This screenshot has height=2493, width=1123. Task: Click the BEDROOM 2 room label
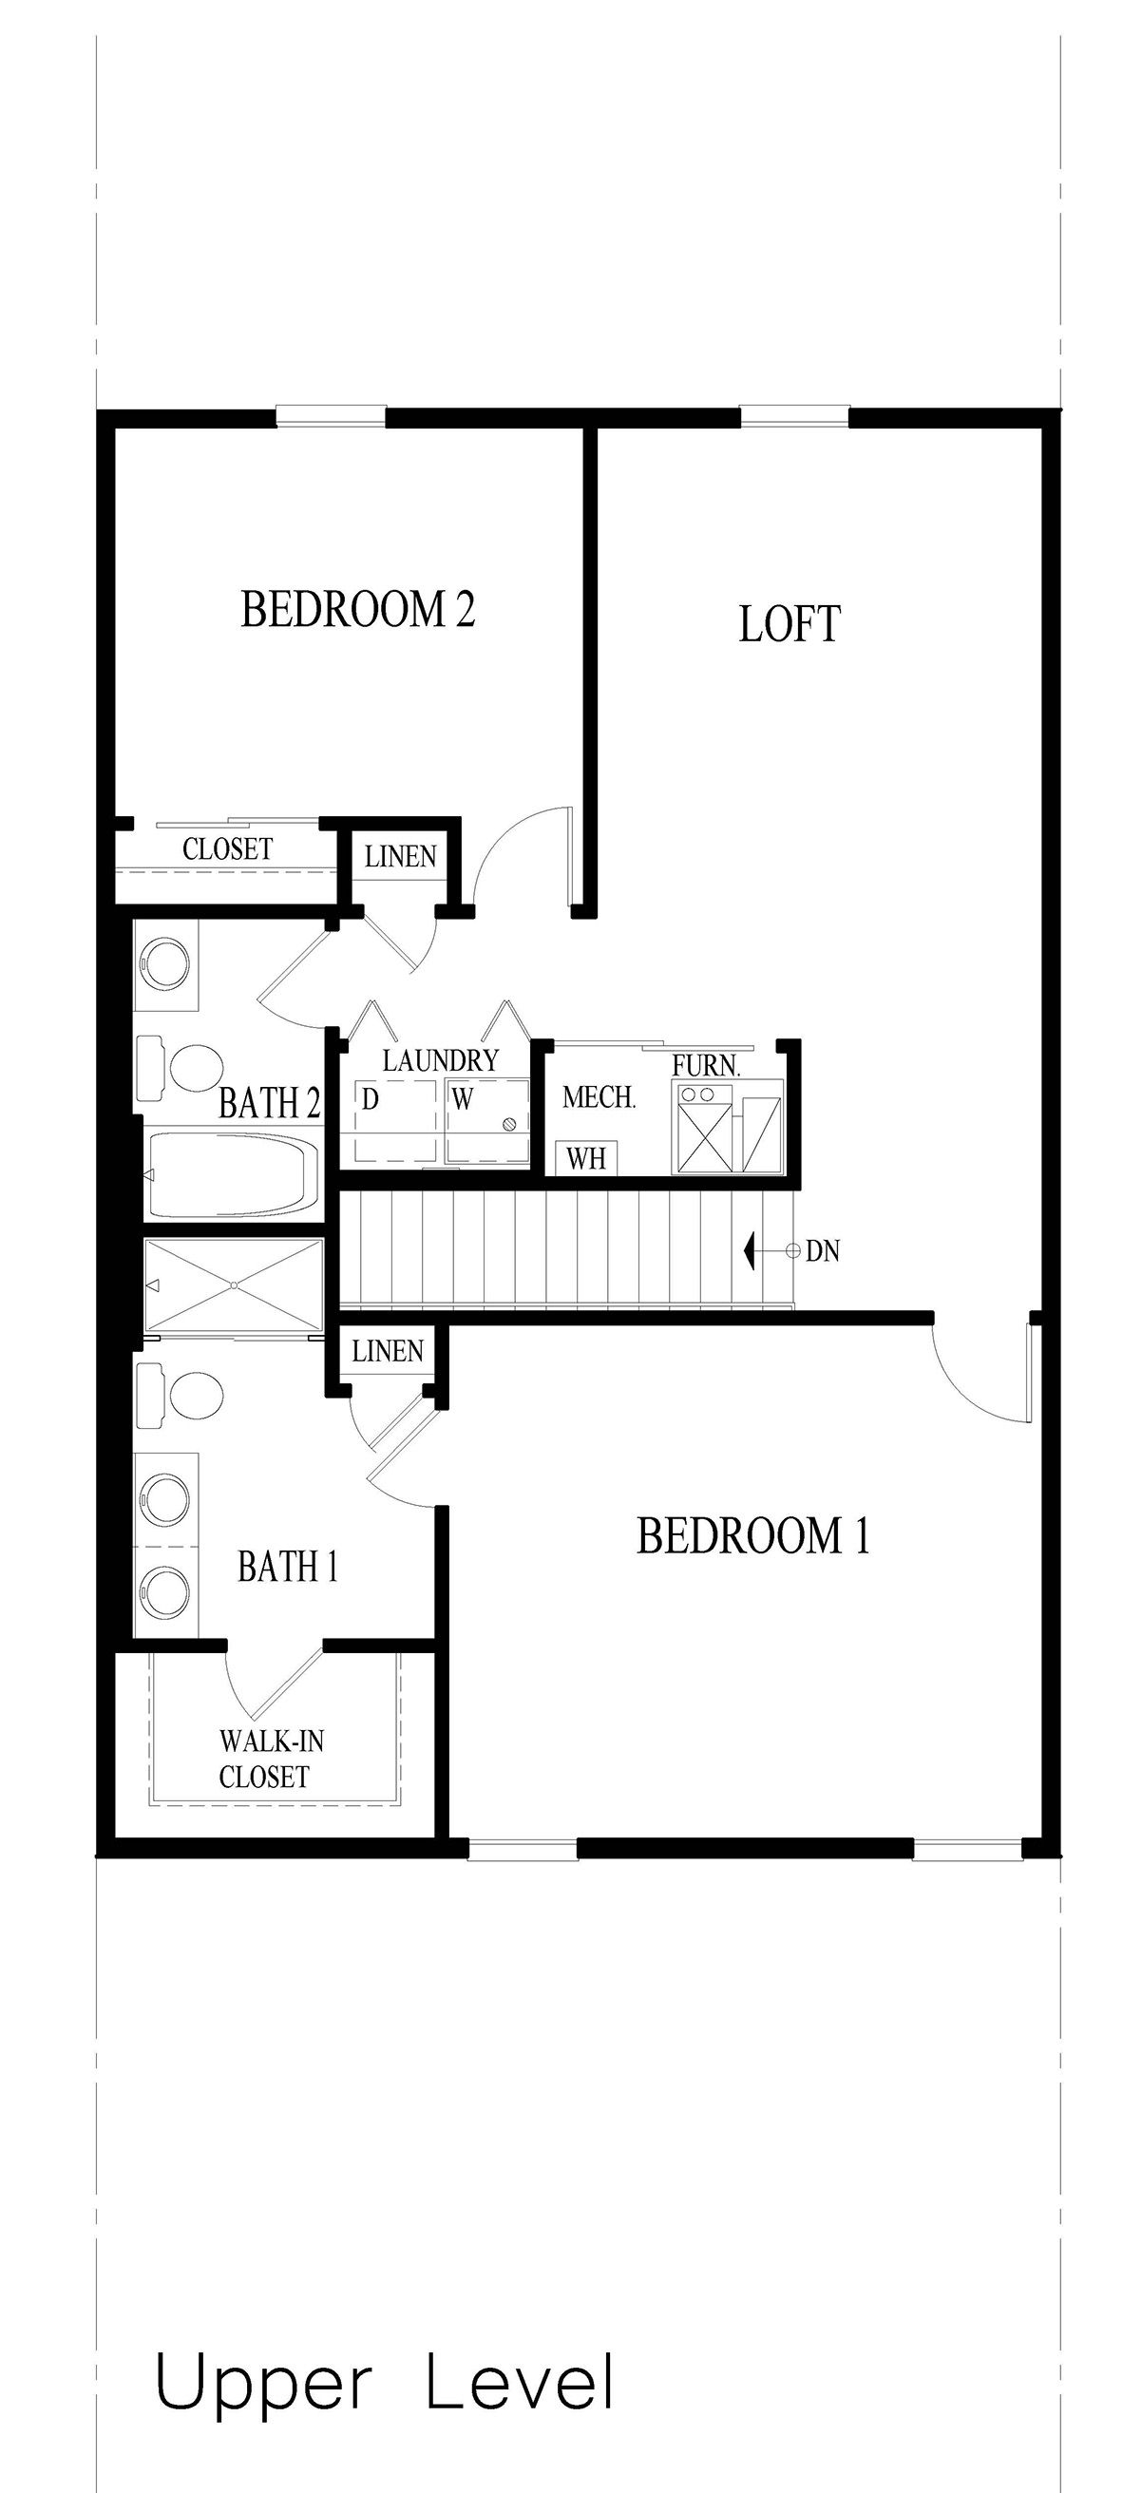(x=357, y=610)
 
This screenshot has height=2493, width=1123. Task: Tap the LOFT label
(x=789, y=624)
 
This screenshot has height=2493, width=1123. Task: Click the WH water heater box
(x=585, y=1158)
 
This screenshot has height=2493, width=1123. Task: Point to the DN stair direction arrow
(x=750, y=1250)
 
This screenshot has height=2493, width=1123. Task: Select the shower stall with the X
(x=233, y=1285)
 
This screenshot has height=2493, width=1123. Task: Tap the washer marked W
(x=487, y=1121)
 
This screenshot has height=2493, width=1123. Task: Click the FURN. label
(x=706, y=1066)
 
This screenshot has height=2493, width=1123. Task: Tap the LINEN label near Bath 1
(x=388, y=1351)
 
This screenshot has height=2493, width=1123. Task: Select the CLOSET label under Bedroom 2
(x=226, y=849)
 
